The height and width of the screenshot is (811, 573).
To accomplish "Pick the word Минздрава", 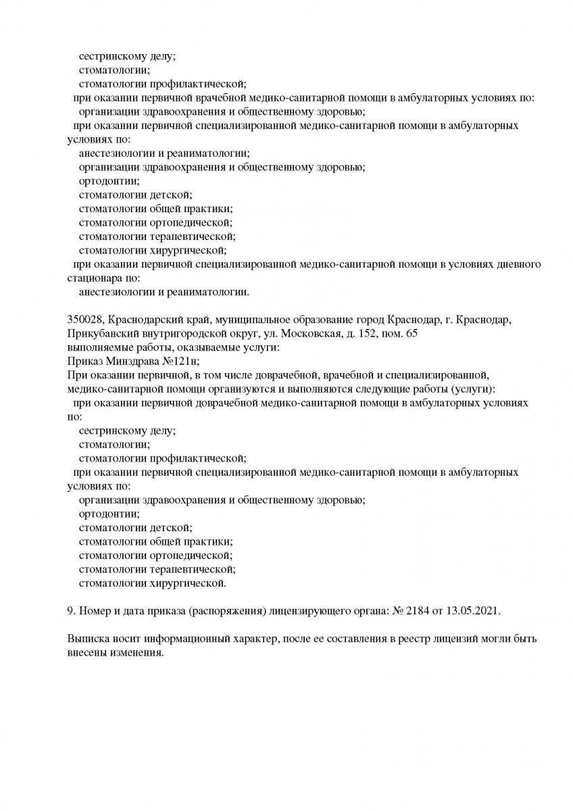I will (x=132, y=362).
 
